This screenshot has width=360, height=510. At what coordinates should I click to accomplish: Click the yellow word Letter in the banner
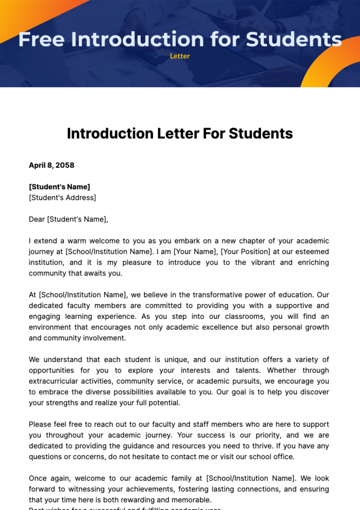coord(180,56)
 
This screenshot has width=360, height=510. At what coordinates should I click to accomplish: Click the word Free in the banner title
coord(41,39)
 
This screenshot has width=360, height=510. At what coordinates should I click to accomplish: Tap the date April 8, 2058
coord(51,165)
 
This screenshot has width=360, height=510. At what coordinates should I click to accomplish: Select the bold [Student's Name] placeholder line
coord(59,187)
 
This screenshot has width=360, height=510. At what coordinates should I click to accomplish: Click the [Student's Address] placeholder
coord(62,198)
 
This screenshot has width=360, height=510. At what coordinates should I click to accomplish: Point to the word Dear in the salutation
coord(37,219)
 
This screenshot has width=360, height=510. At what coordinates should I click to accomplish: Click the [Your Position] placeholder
coord(245,252)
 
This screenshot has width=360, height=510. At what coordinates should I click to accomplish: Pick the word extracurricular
coord(53,381)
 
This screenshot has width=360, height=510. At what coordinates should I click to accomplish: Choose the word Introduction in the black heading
coord(110,133)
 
